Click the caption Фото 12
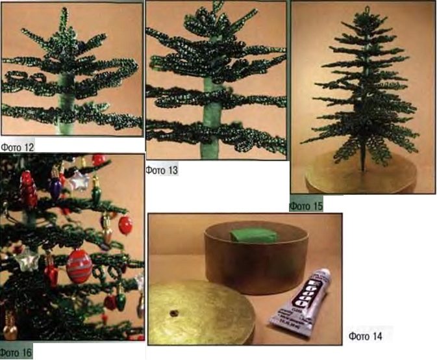(18, 147)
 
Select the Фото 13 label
(162, 170)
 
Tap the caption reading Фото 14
(365, 336)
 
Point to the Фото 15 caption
(306, 206)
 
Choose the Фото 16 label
(16, 353)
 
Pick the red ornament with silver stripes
(79, 266)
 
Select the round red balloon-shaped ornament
(125, 225)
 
